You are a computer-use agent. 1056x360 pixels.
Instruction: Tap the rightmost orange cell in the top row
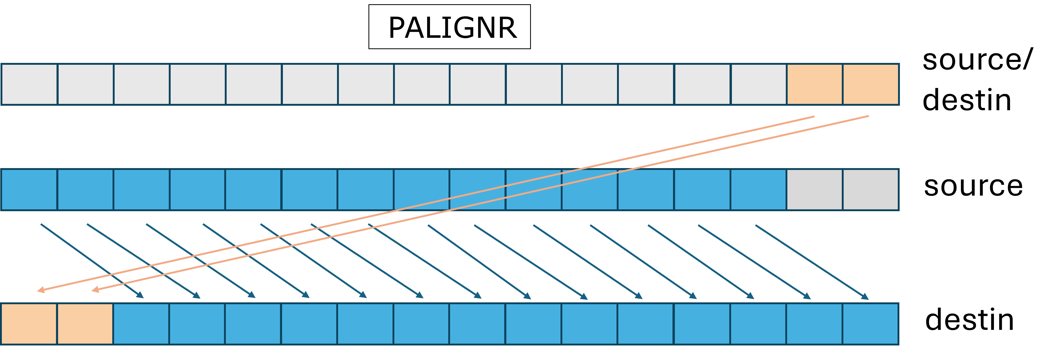tap(871, 84)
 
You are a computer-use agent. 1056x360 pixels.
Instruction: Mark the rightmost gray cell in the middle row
tap(871, 190)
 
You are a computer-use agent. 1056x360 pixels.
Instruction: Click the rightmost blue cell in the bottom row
tap(871, 324)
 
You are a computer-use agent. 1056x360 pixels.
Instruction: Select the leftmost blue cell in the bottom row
tap(141, 324)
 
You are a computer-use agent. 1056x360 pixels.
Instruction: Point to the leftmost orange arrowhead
tap(40, 291)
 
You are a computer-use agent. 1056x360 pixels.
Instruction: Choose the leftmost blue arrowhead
tap(140, 295)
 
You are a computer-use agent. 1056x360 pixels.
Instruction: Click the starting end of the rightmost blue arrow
tap(756, 225)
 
